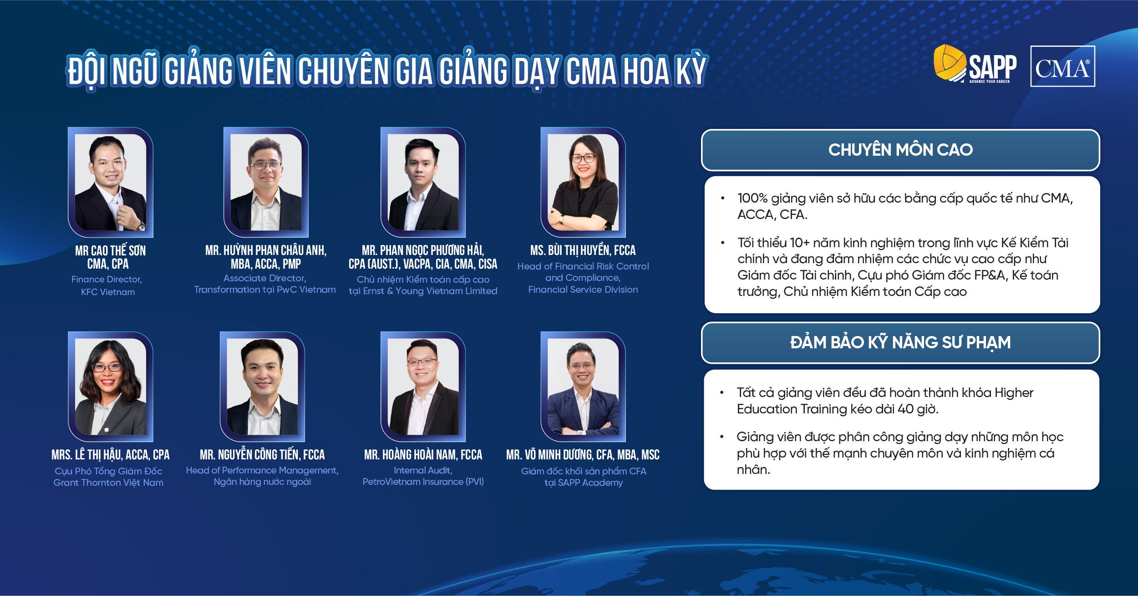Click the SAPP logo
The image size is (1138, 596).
coord(975,64)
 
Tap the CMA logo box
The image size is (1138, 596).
coord(1062,66)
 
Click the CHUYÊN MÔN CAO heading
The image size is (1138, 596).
coord(900,150)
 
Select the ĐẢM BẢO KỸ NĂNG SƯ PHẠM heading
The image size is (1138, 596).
coord(900,342)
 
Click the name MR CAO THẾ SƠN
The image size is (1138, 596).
coord(111,250)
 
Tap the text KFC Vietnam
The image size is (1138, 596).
coord(108,292)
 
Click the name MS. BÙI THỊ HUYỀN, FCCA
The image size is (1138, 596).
coord(583,250)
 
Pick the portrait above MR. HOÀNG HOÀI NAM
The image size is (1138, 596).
coord(423,387)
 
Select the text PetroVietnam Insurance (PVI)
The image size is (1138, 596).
coord(423,482)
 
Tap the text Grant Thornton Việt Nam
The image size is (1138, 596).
coord(108,483)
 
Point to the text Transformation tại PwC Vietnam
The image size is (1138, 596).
coord(265,290)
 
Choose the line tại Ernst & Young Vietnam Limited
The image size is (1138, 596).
coord(423,291)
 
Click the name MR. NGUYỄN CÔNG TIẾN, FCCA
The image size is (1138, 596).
coord(262,454)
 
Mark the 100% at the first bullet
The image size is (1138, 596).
coord(752,199)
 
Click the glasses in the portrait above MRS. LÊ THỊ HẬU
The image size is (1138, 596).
coord(107,367)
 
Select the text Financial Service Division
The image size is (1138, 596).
coord(583,290)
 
